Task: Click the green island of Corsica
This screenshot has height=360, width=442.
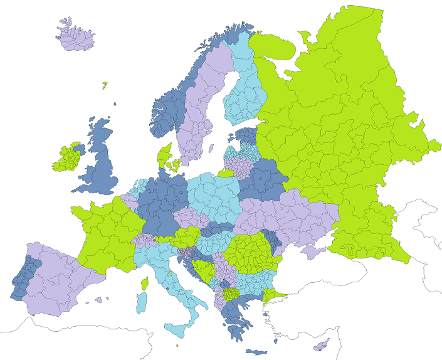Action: click(x=144, y=285)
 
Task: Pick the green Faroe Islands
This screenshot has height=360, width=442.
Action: click(x=105, y=85)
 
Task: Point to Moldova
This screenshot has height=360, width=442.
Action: click(x=274, y=239)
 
